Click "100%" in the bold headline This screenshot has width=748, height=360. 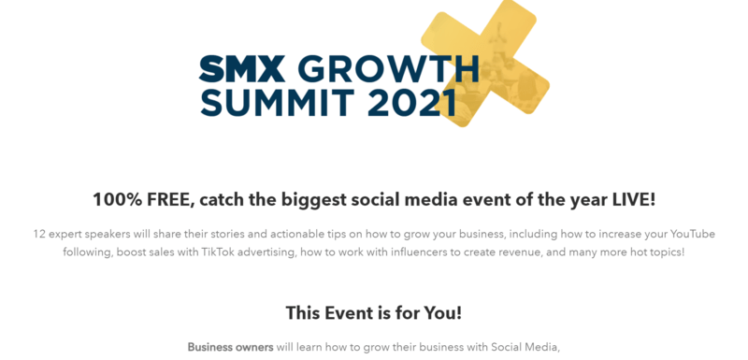coord(117,199)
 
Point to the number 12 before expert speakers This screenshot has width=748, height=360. coord(39,233)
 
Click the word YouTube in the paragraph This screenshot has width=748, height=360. coord(691,233)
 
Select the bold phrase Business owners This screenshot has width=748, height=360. coord(230,348)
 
